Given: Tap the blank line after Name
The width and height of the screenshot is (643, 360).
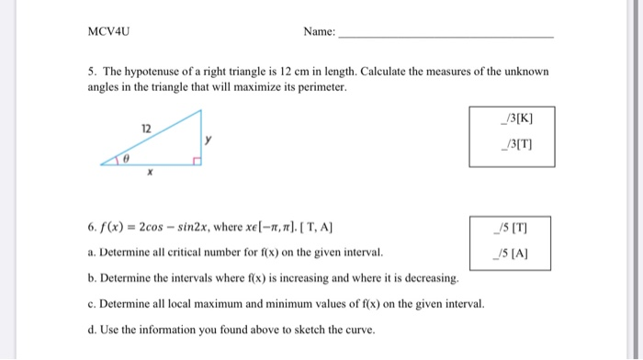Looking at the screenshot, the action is (446, 36).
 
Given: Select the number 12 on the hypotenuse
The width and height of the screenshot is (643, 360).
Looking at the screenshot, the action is (145, 127).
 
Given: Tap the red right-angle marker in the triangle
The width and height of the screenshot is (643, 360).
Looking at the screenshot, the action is (196, 161).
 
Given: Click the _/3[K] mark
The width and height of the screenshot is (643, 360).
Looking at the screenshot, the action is (512, 118).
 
